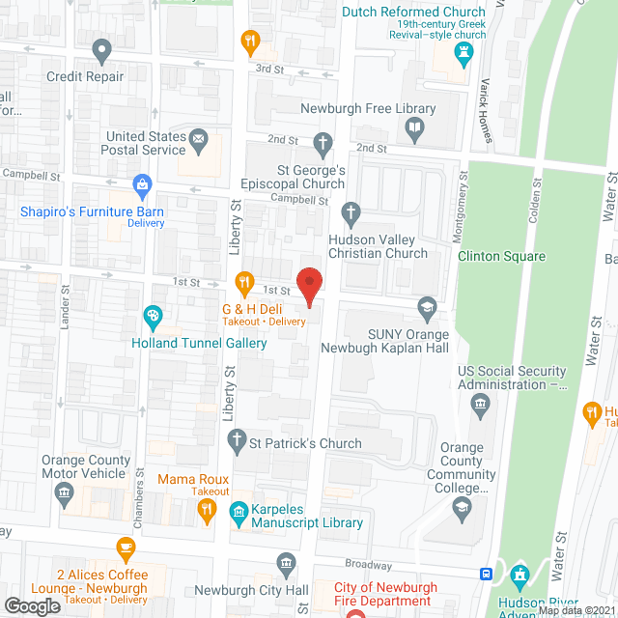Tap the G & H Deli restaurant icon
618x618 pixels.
244,285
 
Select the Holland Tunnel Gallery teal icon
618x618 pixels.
153,315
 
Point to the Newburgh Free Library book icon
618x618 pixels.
414,127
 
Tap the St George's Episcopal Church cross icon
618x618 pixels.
323,144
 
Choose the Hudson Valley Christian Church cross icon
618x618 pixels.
352,211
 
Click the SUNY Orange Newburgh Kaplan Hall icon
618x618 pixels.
426,308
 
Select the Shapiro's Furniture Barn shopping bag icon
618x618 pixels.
142,183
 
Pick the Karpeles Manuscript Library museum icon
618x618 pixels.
237,512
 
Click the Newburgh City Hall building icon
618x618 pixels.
286,562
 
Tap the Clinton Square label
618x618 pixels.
501,257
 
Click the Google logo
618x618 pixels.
31,605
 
